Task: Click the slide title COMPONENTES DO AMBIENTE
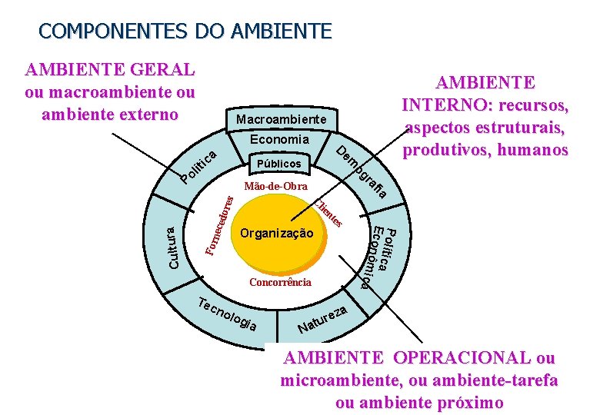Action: click(185, 32)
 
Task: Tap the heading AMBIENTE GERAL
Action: click(109, 70)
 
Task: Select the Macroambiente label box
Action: click(281, 120)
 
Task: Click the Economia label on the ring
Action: click(279, 140)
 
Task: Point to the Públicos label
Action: click(279, 164)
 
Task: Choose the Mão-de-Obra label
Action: click(275, 187)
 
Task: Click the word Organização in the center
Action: click(277, 233)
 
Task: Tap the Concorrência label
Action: click(280, 282)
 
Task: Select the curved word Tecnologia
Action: click(226, 314)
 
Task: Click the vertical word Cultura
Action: click(173, 247)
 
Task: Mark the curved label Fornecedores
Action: click(220, 224)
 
